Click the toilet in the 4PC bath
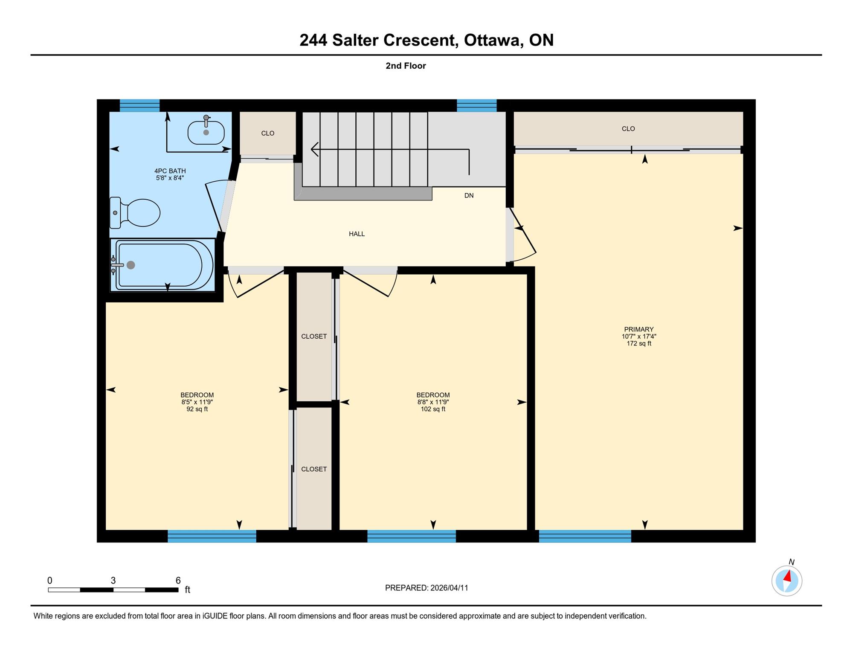pyautogui.click(x=135, y=212)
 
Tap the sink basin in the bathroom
pyautogui.click(x=206, y=132)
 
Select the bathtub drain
pyautogui.click(x=131, y=265)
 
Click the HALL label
pyautogui.click(x=357, y=234)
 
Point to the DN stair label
pyautogui.click(x=469, y=195)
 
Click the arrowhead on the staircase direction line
pyautogui.click(x=315, y=149)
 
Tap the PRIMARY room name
pyautogui.click(x=638, y=329)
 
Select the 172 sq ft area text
pyautogui.click(x=638, y=343)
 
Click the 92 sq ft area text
pyautogui.click(x=197, y=409)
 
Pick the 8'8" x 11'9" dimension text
pyautogui.click(x=433, y=402)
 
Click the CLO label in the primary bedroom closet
pyautogui.click(x=628, y=128)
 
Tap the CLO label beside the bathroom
pyautogui.click(x=267, y=133)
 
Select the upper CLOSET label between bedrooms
pyautogui.click(x=314, y=336)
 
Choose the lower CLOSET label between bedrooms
pyautogui.click(x=314, y=469)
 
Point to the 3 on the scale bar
pyautogui.click(x=113, y=581)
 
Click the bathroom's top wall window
pyautogui.click(x=139, y=105)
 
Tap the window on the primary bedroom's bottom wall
pyautogui.click(x=585, y=536)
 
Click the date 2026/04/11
pyautogui.click(x=449, y=588)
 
